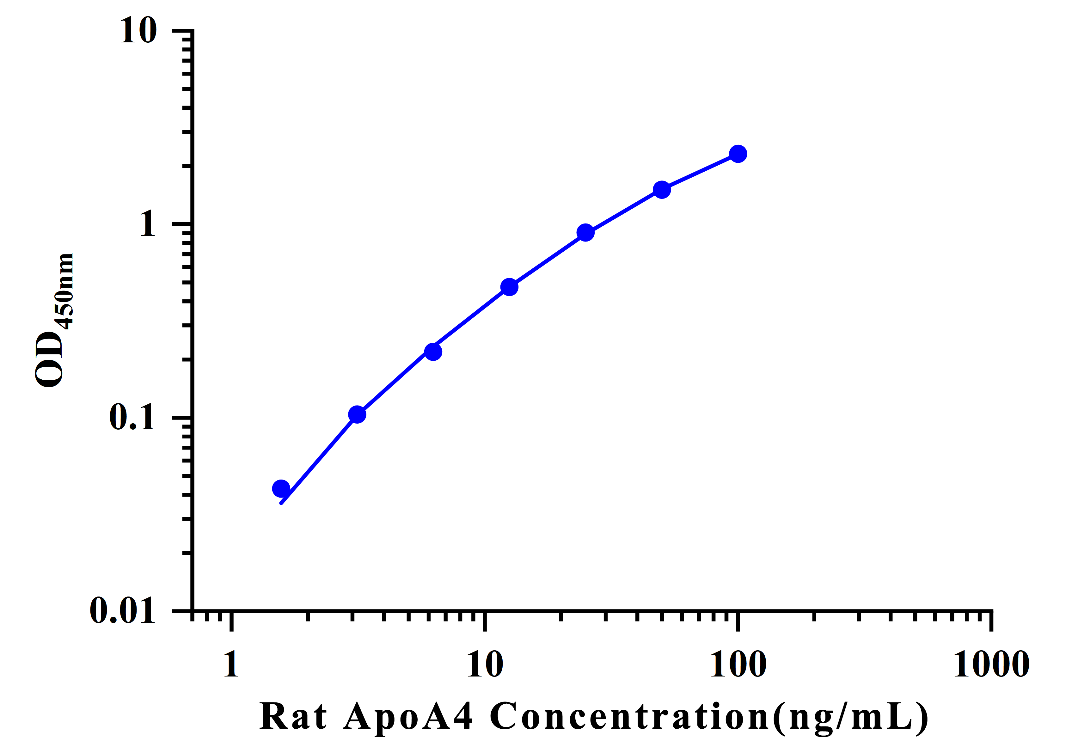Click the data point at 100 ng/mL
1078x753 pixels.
(738, 154)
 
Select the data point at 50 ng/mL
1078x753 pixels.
(662, 190)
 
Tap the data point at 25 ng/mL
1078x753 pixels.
(585, 232)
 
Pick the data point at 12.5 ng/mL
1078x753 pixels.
(509, 287)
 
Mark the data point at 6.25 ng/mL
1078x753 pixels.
(433, 352)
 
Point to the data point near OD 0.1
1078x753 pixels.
(357, 414)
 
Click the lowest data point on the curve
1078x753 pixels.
(281, 489)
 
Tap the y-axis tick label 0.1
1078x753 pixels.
(132, 417)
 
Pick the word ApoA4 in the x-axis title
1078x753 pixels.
(407, 716)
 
